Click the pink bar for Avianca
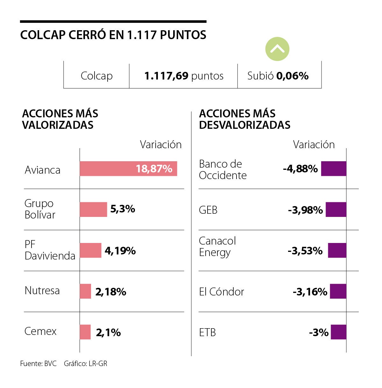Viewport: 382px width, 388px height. click(x=128, y=169)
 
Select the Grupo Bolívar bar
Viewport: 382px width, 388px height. click(x=93, y=209)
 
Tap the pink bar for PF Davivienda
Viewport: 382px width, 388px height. click(x=90, y=250)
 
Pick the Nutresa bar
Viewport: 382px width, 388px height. click(x=85, y=291)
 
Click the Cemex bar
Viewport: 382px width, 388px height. click(x=85, y=332)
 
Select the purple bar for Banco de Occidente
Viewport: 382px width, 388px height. click(x=333, y=169)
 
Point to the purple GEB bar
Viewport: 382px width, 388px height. click(x=336, y=210)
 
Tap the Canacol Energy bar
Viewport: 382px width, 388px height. click(x=337, y=250)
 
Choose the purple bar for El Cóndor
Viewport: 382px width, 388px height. click(x=338, y=291)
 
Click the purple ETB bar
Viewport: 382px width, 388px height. click(x=338, y=332)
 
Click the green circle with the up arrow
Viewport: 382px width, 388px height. click(x=277, y=49)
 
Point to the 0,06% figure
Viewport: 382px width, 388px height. click(x=292, y=76)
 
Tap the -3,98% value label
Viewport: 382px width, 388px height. click(x=305, y=210)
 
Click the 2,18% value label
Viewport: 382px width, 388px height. click(x=110, y=292)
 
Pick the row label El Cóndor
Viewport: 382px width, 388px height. click(x=221, y=292)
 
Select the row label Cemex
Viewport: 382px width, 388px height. click(x=40, y=331)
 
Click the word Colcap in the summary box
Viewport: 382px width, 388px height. click(x=96, y=76)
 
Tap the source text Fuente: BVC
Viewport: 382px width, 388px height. click(x=38, y=364)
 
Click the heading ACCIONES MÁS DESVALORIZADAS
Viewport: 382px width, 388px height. click(x=244, y=119)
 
